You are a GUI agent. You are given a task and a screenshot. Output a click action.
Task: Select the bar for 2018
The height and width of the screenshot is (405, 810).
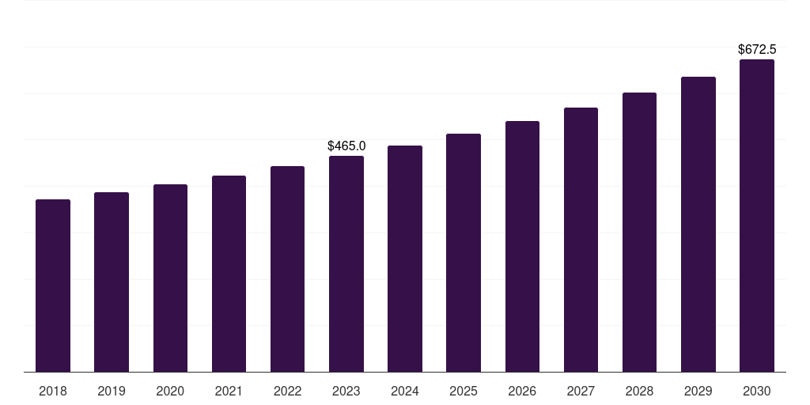click(53, 286)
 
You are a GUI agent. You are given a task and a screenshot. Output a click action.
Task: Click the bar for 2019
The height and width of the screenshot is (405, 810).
click(112, 282)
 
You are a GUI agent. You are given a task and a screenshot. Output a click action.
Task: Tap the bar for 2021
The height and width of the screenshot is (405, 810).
click(229, 274)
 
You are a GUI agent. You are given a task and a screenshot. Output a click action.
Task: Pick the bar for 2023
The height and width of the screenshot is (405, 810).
click(346, 263)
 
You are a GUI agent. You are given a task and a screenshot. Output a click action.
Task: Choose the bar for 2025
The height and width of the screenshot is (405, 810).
click(464, 252)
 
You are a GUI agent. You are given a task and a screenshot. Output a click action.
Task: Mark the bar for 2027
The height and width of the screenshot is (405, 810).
click(581, 240)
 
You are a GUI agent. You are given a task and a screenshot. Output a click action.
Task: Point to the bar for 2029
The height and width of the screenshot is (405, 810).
click(698, 224)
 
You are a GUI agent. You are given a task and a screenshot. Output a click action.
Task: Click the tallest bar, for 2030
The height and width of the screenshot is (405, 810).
click(757, 215)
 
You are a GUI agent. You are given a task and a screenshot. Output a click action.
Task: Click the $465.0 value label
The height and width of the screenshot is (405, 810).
click(346, 146)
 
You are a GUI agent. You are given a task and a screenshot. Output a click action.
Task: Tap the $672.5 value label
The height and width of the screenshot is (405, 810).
click(757, 50)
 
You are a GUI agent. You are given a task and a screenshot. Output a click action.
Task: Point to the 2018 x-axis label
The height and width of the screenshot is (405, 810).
click(53, 391)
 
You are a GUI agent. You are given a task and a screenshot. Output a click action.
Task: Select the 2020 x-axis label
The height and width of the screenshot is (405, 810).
click(170, 391)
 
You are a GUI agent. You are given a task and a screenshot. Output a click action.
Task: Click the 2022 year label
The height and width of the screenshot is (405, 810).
click(287, 391)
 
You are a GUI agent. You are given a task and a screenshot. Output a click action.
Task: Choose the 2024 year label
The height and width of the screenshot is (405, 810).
click(405, 391)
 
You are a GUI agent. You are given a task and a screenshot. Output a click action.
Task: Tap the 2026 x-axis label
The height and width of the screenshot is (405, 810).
click(522, 391)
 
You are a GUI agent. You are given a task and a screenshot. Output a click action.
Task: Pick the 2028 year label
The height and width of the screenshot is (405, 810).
click(639, 391)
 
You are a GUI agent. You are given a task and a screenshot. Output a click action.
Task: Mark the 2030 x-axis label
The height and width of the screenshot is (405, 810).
click(757, 391)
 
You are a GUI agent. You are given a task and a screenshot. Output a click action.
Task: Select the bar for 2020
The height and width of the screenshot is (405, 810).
click(170, 278)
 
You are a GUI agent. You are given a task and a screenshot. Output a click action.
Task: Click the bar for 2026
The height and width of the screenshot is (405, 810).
click(522, 246)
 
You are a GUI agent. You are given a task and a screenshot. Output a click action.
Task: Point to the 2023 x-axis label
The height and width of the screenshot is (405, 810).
click(346, 391)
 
